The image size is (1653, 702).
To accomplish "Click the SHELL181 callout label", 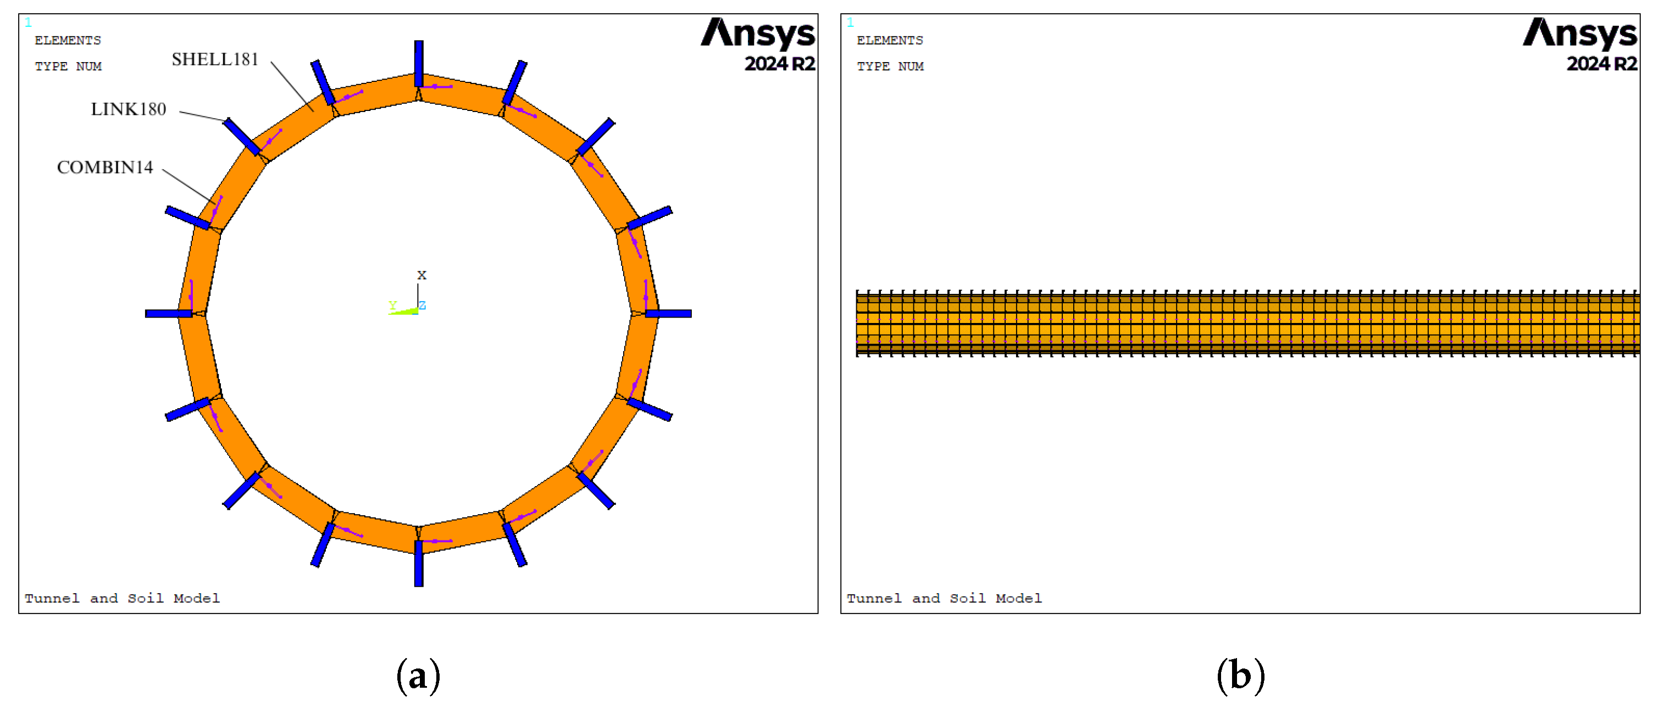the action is tap(215, 59).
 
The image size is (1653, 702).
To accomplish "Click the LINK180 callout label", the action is tap(129, 109).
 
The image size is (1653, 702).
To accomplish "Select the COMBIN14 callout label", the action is tap(106, 167).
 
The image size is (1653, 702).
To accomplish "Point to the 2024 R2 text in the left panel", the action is tap(780, 64).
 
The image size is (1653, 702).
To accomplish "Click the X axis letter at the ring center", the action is tap(421, 275).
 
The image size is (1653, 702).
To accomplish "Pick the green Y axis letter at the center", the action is tap(393, 305).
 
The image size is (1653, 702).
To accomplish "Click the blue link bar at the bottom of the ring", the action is tap(418, 564).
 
